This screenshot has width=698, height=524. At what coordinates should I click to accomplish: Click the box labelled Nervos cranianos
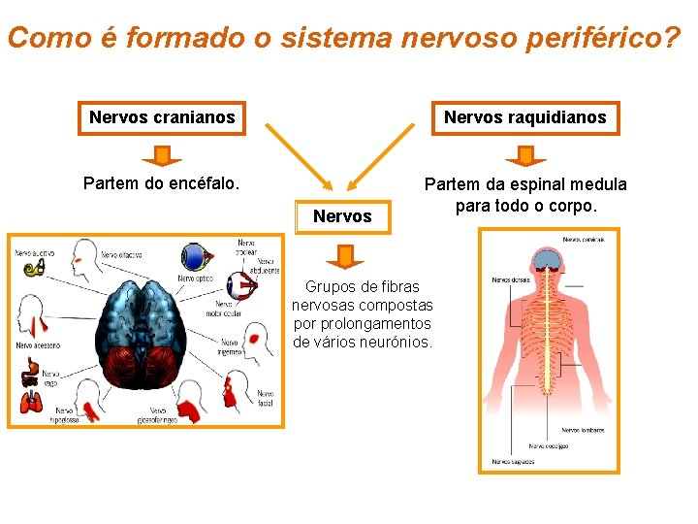coord(162,117)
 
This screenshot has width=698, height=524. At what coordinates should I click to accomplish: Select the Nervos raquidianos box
coord(524,117)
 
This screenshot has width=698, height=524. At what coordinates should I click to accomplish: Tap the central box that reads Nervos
coord(342,216)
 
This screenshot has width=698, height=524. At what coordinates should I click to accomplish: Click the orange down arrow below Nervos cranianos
coord(162,155)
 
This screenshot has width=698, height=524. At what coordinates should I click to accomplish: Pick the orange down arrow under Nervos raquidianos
coord(525,155)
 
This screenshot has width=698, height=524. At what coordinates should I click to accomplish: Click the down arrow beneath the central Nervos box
coord(344,256)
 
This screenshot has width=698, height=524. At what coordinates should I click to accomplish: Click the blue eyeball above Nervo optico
coord(197,257)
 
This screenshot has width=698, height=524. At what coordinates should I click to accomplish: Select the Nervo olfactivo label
coord(120,255)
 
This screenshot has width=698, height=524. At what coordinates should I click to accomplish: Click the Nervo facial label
coord(265,398)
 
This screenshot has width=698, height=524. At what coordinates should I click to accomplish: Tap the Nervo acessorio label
coord(38,344)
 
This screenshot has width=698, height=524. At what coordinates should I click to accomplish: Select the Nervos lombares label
coord(583,430)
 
